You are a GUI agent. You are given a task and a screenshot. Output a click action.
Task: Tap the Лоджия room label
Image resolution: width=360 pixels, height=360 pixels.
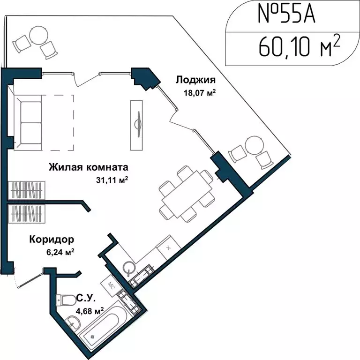pos(195,80)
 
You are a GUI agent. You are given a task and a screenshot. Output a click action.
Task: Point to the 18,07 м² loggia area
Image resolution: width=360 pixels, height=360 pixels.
pos(200,93)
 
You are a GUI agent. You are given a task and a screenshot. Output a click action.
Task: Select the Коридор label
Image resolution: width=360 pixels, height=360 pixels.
pos(52,240)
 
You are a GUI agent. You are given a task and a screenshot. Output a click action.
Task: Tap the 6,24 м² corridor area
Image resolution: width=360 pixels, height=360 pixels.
pos(59,252)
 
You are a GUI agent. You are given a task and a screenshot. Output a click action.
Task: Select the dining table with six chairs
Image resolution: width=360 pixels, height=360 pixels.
pos(184,195)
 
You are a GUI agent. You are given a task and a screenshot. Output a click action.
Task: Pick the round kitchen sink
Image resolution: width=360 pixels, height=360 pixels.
pos(129,268)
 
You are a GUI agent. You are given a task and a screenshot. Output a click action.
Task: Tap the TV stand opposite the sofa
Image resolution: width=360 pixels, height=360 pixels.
pos(137,124)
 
